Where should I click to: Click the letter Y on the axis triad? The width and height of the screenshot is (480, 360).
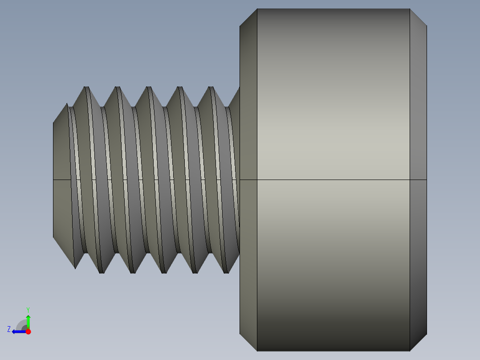[x=28, y=309]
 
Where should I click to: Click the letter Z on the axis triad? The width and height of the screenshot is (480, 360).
[x=9, y=329]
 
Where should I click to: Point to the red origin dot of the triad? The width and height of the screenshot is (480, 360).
[x=28, y=331]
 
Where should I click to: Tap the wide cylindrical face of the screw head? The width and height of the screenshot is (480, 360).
[x=333, y=134]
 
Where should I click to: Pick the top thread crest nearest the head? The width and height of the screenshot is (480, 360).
[x=212, y=87]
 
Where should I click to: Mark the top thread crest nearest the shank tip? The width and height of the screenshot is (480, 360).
[x=86, y=87]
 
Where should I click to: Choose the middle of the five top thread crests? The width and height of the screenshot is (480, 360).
[x=149, y=87]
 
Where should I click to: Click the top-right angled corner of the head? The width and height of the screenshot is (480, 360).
[x=418, y=17]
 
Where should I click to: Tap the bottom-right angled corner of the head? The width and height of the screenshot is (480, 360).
[x=418, y=343]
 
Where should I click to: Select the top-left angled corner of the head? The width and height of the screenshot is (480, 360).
[x=248, y=17]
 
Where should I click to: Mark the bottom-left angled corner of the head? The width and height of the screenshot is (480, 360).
[x=248, y=343]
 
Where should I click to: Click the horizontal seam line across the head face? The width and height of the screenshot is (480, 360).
[x=333, y=180]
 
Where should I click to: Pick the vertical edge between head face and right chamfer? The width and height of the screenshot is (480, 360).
[x=410, y=111]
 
